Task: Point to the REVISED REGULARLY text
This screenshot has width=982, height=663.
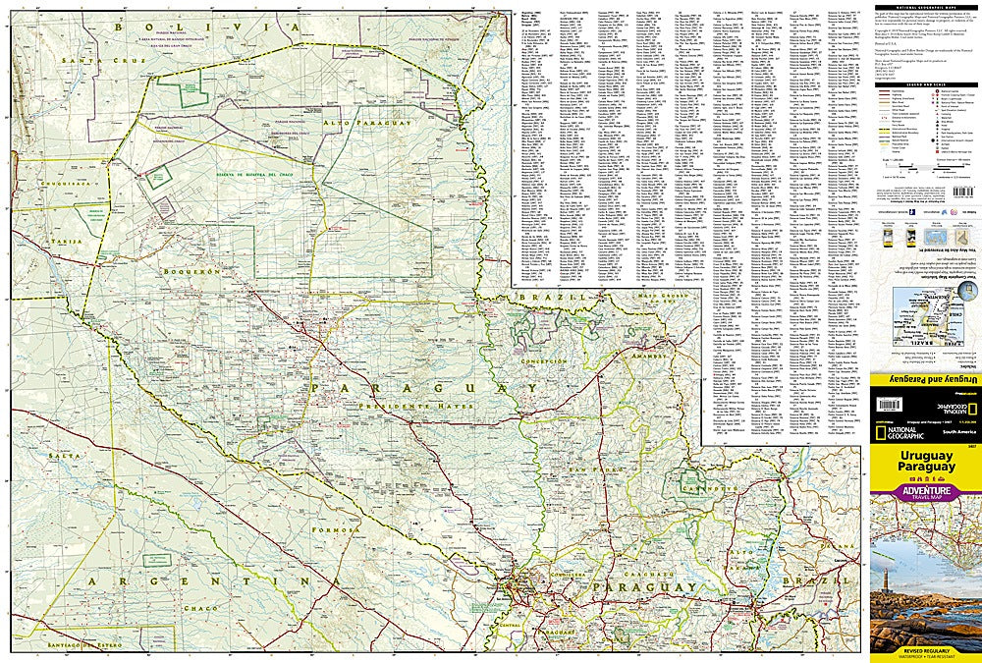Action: [x=925, y=649]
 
